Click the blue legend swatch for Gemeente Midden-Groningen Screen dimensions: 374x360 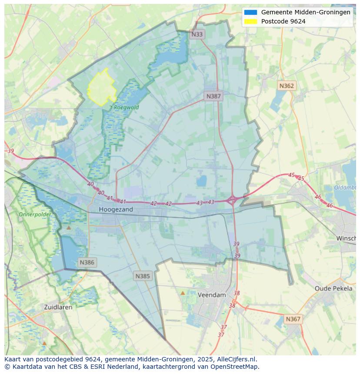tap(251, 13)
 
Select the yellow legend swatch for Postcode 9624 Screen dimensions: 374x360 tap(251, 21)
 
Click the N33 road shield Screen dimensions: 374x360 tap(197, 34)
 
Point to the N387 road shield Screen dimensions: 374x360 tap(213, 96)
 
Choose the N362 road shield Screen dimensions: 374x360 tap(287, 86)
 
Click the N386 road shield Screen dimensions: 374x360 tap(87, 262)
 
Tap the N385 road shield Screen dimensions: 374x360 tap(143, 276)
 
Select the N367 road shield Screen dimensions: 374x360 tap(293, 319)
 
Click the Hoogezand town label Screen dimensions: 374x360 tap(116, 209)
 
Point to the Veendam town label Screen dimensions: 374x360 tap(212, 295)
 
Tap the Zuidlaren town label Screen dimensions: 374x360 tap(58, 307)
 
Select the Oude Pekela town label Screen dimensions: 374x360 tap(333, 288)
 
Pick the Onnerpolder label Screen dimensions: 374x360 tap(34, 215)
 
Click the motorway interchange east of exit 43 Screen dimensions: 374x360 tap(232, 200)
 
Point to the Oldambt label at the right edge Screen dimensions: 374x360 tap(345, 188)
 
